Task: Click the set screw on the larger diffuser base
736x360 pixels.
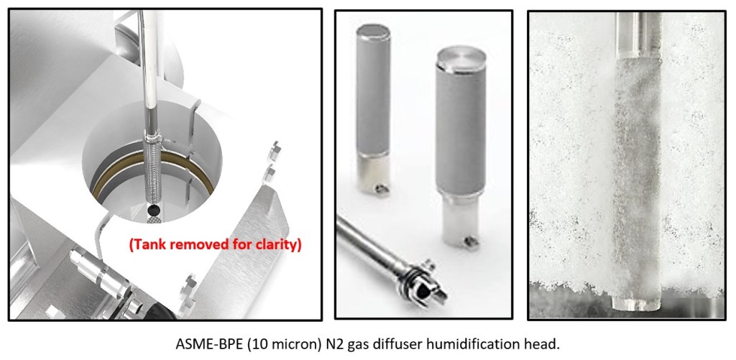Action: tap(470, 242)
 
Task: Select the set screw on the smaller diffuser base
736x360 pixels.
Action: tap(382, 188)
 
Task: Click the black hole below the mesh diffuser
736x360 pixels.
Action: tap(152, 209)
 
